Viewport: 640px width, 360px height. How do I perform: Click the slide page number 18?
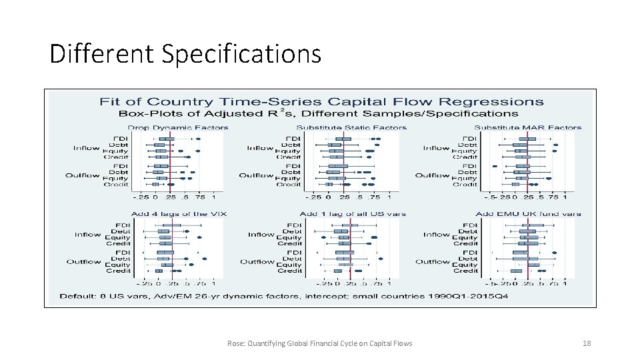(x=587, y=343)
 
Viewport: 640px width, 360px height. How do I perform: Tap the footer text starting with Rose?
(x=319, y=343)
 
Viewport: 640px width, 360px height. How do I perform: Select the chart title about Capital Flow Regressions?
(x=321, y=102)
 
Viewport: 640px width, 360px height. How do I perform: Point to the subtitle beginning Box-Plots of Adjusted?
(x=321, y=114)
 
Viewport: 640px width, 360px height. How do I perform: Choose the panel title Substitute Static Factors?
(x=351, y=127)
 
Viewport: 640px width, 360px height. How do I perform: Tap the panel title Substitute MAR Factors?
(x=528, y=127)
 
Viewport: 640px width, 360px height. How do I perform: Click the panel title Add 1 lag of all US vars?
(x=353, y=214)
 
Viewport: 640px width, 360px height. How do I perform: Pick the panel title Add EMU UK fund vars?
(x=529, y=214)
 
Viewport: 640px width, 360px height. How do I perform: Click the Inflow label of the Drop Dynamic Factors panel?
(x=87, y=148)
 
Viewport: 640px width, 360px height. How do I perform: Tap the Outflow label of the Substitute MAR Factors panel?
(x=433, y=175)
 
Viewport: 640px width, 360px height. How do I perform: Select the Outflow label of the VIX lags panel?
(x=83, y=261)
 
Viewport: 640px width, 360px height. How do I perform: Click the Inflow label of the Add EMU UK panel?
(x=437, y=235)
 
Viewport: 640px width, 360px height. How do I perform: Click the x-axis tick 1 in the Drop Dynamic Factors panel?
(x=213, y=197)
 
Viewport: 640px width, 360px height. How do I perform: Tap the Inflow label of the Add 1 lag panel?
(x=261, y=235)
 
